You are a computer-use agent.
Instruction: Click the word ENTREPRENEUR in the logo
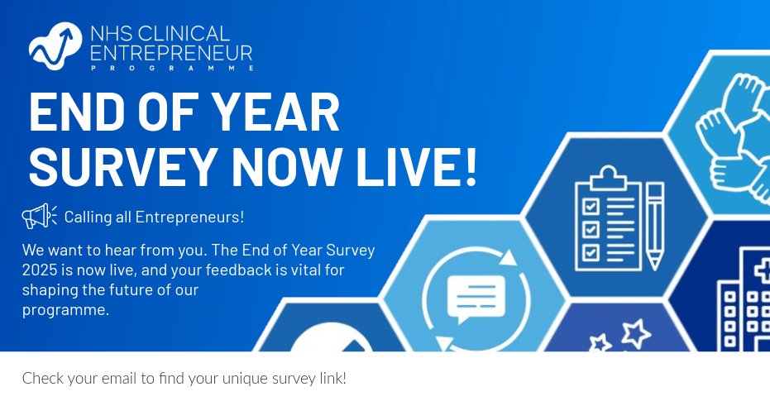click(171, 54)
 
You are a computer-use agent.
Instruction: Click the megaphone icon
click(39, 217)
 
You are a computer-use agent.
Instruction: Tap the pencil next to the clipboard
click(655, 225)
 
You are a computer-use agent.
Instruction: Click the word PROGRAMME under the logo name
click(141, 70)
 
